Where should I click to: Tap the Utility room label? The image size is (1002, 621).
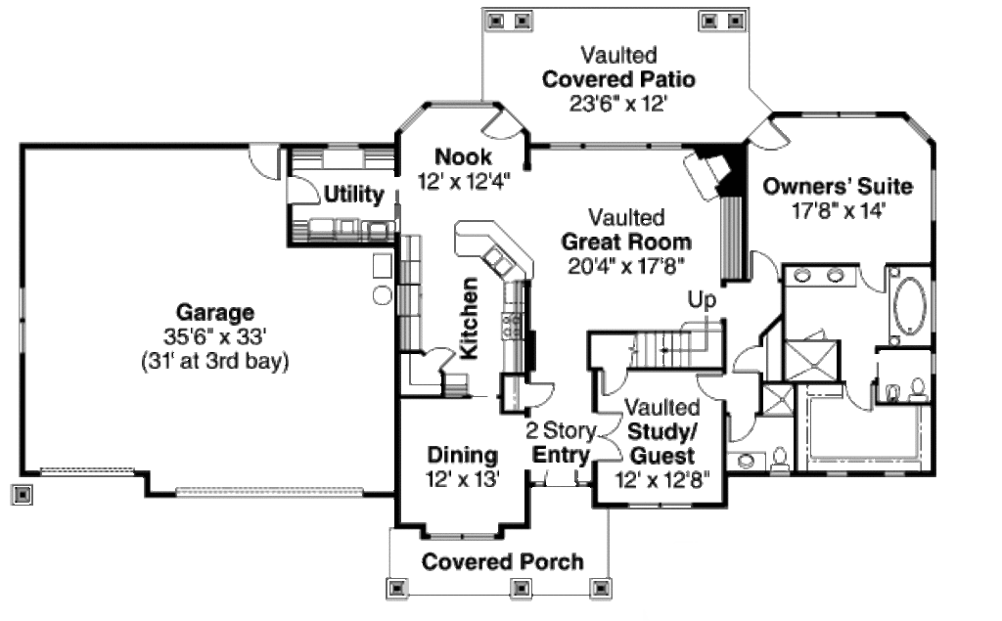pos(353,195)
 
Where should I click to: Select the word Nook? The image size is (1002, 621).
pos(463,156)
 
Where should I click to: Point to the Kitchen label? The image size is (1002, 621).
pos(469,318)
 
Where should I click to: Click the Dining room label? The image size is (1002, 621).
pos(463,455)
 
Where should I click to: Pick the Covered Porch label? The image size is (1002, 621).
pos(502,561)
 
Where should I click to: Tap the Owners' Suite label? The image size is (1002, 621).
pos(838,186)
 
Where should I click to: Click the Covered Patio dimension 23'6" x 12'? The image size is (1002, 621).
pos(618,104)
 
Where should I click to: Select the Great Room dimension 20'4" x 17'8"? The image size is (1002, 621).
pos(626,265)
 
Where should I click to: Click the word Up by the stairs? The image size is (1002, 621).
pos(701,299)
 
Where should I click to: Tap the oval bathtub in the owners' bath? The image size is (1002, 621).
pos(911,305)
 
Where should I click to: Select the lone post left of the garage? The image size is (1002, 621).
pos(23,495)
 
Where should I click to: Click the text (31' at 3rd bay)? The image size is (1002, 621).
pos(214,360)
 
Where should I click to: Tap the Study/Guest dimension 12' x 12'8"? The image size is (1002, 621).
pos(661,480)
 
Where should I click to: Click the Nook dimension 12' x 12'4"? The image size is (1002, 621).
pos(464,181)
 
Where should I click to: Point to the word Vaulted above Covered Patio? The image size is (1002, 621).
pos(618,55)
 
